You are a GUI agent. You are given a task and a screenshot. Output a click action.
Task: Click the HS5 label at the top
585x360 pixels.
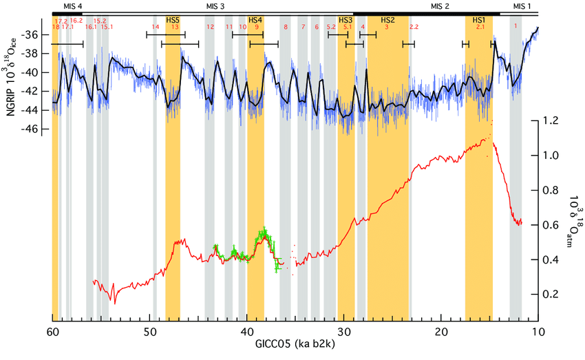point(173,20)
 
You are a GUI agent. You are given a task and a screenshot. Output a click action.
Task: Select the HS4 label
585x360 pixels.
point(255,20)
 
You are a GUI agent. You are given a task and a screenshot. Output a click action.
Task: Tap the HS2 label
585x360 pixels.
point(387,20)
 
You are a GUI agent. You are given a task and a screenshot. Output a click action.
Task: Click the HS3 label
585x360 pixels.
point(345,20)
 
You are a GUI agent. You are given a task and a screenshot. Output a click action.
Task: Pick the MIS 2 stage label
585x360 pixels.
point(440,6)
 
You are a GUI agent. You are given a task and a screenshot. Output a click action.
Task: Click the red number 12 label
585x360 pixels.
point(210,27)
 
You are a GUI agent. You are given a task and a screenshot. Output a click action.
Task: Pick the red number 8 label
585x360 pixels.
point(286,27)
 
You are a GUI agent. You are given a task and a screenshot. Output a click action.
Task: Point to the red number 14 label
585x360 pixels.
point(156,27)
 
